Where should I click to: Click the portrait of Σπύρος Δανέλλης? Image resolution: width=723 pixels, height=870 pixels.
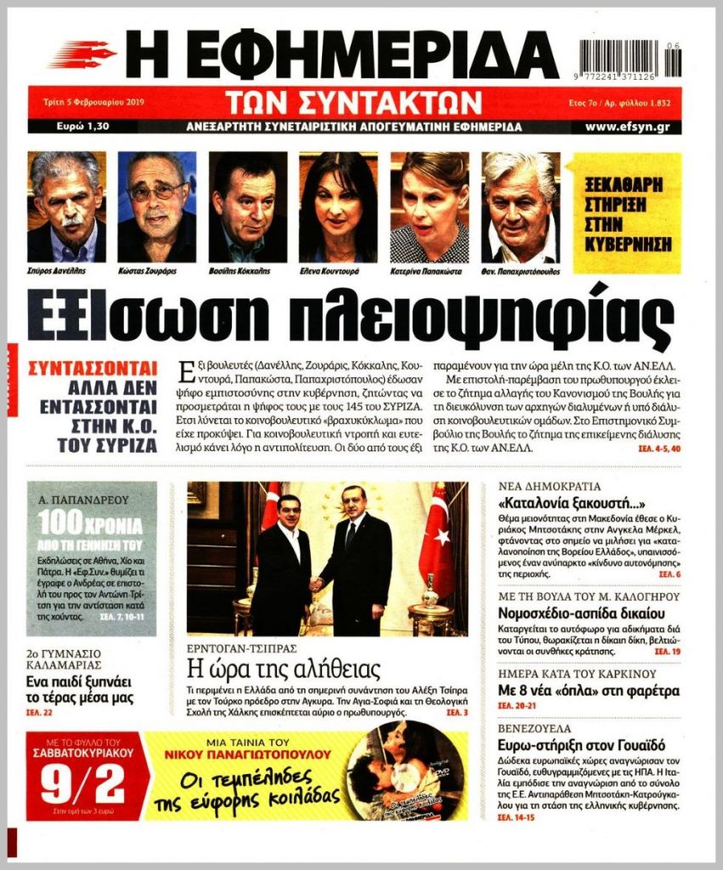point(66,206)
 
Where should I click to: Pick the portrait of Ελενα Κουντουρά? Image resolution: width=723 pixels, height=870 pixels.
point(338,206)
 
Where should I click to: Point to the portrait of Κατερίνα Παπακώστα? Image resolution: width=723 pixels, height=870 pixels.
point(429,206)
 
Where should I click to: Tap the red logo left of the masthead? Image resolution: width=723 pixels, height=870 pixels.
point(82,54)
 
